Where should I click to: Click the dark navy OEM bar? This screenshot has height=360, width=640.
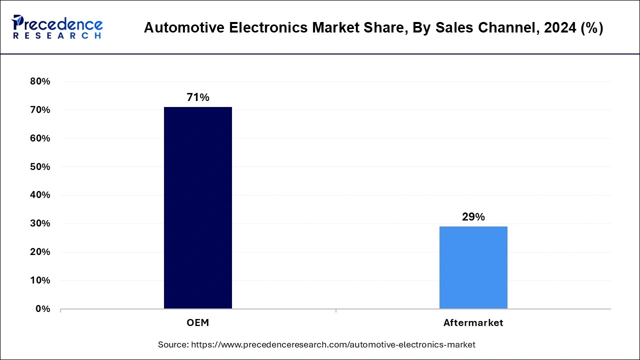(198, 207)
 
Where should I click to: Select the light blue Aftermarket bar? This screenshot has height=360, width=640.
(473, 267)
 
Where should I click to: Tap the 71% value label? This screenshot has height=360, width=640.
(198, 97)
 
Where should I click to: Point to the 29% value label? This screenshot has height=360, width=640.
(473, 217)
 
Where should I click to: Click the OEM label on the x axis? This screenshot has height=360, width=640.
(198, 323)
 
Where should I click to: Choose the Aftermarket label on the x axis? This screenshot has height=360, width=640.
(473, 323)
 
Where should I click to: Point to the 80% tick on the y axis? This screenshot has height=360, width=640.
(40, 81)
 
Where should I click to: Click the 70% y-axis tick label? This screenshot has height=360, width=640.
(40, 110)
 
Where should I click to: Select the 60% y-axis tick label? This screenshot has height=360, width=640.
(40, 138)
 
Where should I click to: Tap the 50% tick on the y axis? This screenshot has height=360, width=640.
(40, 166)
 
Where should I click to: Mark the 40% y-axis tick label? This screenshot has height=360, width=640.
(40, 195)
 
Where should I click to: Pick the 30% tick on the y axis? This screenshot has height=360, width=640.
(40, 223)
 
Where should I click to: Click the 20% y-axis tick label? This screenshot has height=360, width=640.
(40, 252)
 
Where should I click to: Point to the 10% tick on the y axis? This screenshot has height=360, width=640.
(40, 280)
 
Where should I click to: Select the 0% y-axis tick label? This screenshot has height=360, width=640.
(42, 309)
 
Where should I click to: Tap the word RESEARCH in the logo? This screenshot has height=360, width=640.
(57, 36)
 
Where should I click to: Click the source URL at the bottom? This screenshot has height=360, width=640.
(334, 344)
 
